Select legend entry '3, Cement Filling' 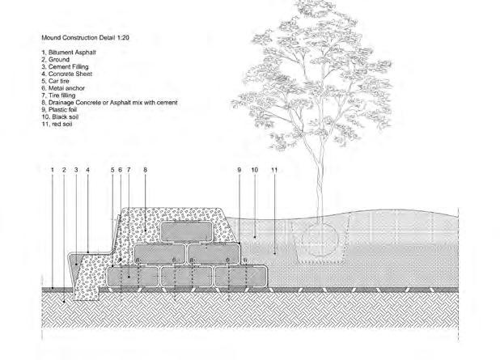70,67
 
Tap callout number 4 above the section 87,170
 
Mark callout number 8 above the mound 144,170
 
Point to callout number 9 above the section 239,170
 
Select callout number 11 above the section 275,170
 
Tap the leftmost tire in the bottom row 132,277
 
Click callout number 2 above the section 62,170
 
